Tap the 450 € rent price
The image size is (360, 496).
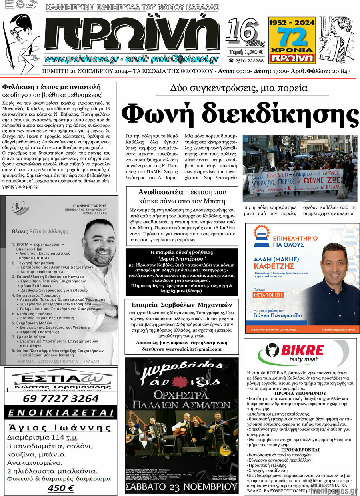coord(61,488)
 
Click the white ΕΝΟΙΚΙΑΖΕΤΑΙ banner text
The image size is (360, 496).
coord(61,412)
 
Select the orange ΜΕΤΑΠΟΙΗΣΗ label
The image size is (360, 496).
coord(268,295)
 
